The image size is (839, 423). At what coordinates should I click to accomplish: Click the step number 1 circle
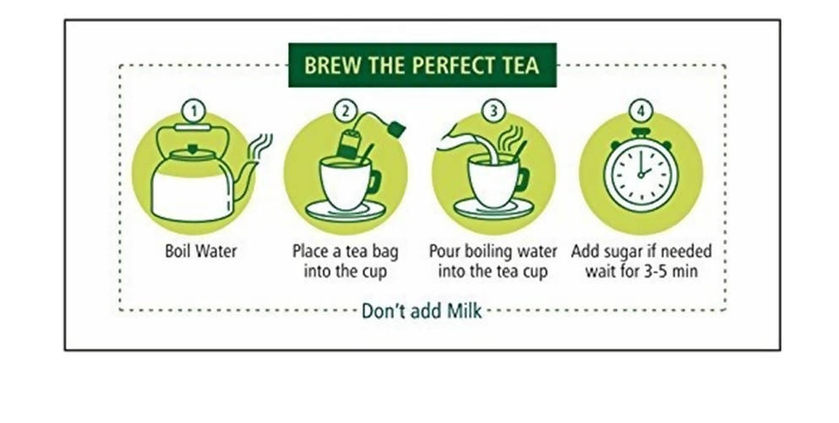point(194,112)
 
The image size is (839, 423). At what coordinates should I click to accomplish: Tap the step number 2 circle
point(345,111)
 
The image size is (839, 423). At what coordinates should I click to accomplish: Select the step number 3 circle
point(493,111)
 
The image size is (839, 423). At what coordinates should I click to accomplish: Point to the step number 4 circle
point(640,112)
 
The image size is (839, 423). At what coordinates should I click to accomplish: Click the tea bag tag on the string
point(396,129)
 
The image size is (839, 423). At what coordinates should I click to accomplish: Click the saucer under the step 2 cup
point(345,211)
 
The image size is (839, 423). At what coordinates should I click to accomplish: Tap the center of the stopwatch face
point(640,173)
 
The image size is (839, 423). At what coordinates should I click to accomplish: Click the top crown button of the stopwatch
point(640,132)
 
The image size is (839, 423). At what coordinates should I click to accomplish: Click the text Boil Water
point(200,250)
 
